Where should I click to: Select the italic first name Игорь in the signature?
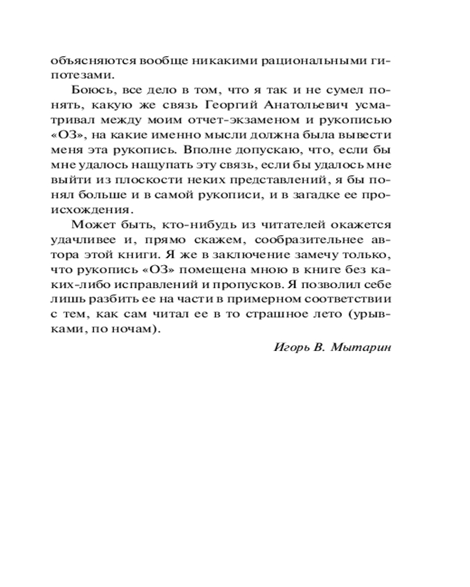coord(290,346)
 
